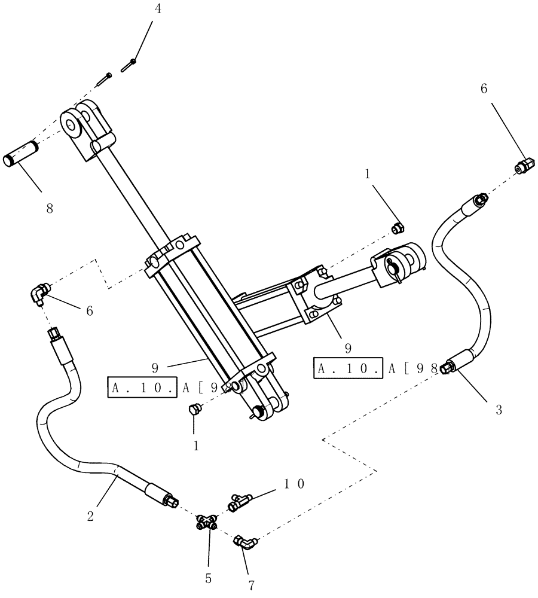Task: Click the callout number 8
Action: (49, 209)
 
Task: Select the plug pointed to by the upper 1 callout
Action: (397, 227)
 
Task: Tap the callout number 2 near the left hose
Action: (90, 516)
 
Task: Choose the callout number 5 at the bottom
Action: (209, 579)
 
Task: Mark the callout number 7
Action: (251, 585)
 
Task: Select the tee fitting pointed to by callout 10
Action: (239, 502)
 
